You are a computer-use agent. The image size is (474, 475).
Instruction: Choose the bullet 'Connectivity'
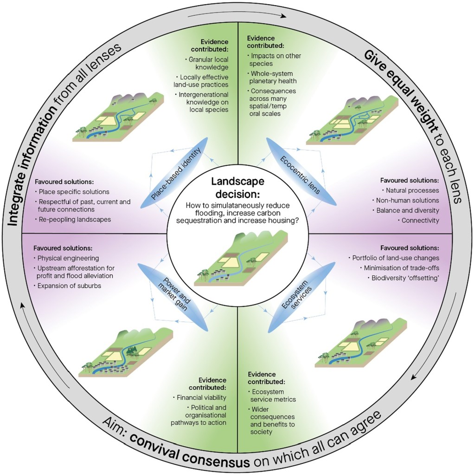420,220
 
